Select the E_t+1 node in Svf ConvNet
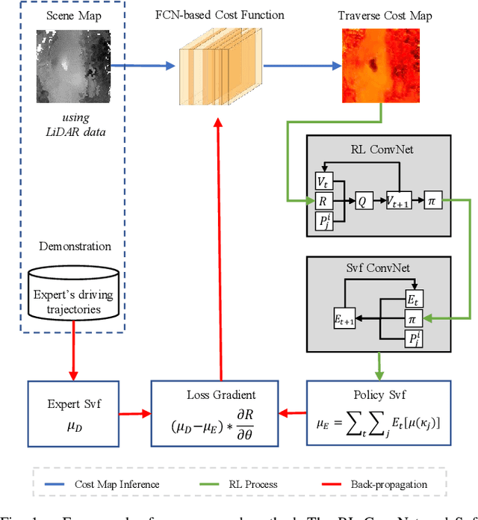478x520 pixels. [344, 319]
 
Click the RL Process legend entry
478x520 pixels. [264, 484]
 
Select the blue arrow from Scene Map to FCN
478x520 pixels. [145, 66]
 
